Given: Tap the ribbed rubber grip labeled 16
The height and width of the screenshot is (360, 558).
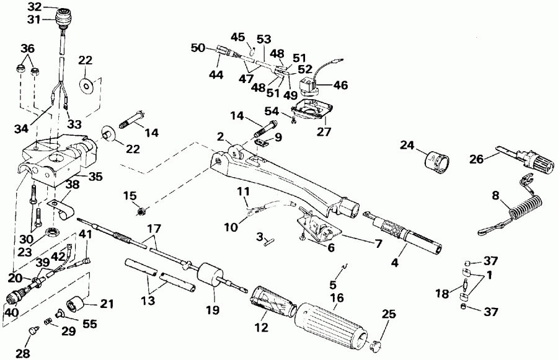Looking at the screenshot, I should tap(332, 319).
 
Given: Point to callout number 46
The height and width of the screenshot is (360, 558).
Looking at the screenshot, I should tap(340, 85).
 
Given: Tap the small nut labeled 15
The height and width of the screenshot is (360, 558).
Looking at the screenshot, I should tap(141, 213).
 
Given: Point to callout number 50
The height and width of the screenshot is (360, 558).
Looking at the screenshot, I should tap(197, 48).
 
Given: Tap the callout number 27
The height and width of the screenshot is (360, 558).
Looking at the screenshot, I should tap(324, 131).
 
